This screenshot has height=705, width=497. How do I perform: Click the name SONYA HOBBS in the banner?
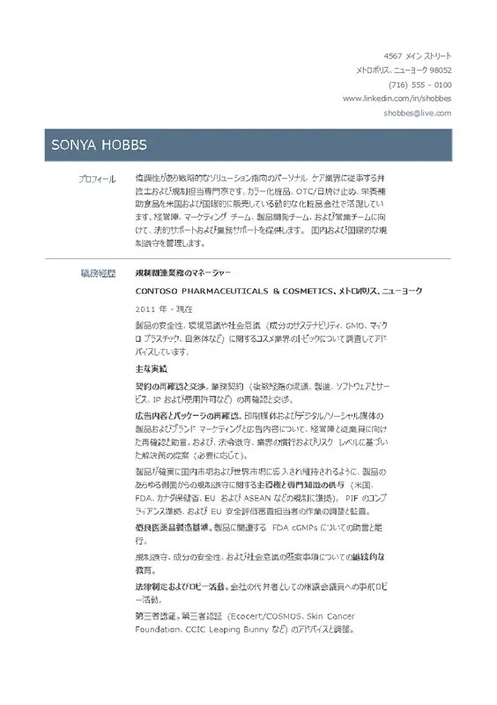point(97,145)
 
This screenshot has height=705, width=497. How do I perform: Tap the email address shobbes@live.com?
point(417,113)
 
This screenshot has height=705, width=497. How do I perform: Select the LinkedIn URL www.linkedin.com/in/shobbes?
point(397,99)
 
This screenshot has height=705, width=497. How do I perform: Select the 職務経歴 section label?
point(97,273)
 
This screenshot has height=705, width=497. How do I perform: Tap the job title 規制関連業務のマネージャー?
point(182,273)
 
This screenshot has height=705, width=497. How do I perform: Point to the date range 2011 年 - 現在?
point(165,308)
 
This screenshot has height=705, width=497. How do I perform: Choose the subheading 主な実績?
point(151,367)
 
